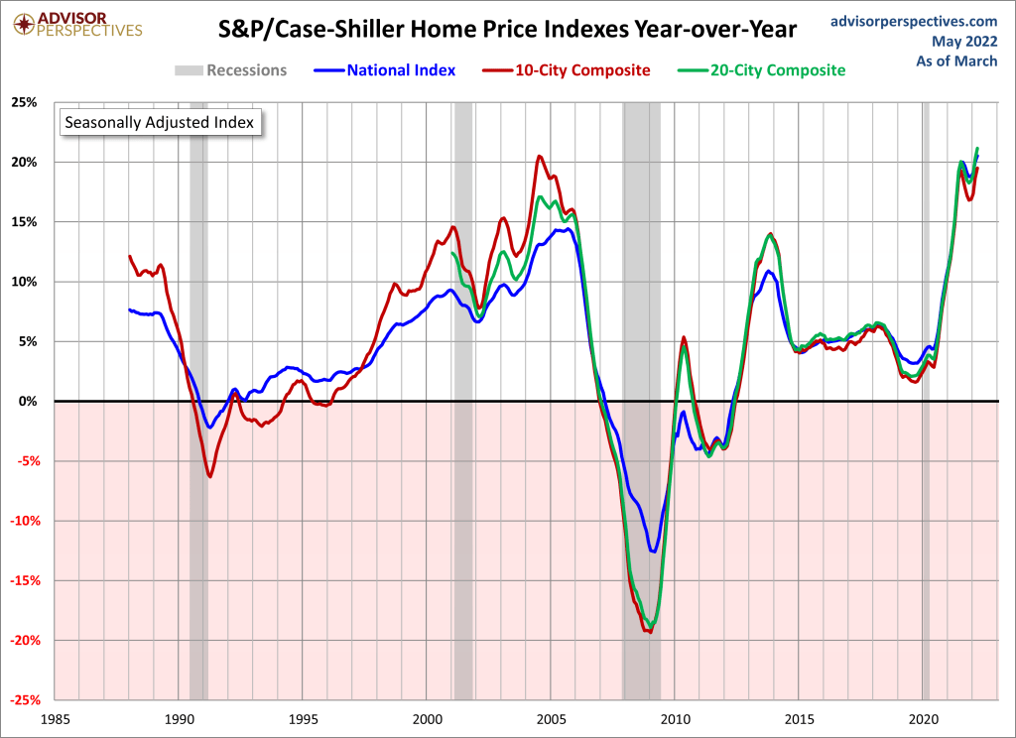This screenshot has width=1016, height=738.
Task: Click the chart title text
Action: click(x=507, y=30)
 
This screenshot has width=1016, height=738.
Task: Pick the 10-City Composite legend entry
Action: click(x=568, y=70)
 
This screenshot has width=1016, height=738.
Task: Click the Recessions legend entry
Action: click(x=231, y=70)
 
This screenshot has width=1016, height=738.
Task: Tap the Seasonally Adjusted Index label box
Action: click(x=159, y=123)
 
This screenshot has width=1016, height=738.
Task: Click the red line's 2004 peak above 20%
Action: click(x=539, y=156)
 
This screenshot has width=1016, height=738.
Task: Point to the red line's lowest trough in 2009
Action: click(x=650, y=631)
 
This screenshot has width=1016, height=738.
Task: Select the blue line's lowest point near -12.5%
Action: click(x=652, y=552)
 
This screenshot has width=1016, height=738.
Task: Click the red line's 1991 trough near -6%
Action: click(x=209, y=476)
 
